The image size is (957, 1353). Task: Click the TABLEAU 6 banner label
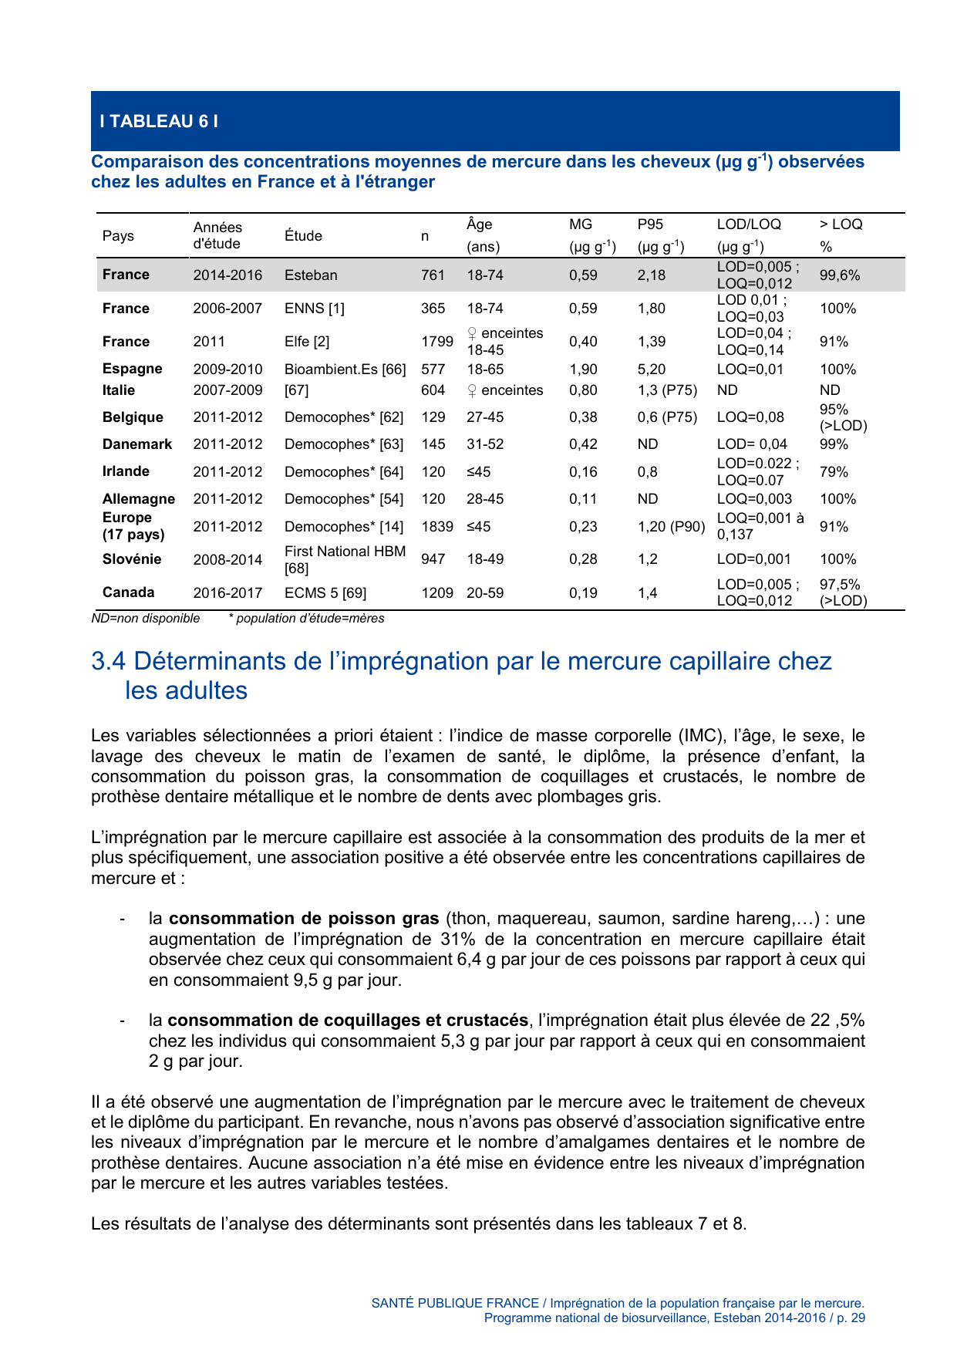159,121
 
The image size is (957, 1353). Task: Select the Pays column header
118,235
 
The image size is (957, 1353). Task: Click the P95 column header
650,224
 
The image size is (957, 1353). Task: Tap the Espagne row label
132,369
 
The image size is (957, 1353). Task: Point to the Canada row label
128,592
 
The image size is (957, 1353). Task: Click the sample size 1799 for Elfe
436,342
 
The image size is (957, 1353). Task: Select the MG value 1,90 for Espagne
583,369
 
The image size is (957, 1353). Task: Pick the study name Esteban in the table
311,275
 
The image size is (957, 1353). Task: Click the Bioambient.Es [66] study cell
345,369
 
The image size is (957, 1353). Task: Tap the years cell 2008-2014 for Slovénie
227,560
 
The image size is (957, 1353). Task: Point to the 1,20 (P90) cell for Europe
671,527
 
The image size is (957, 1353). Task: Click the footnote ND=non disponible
145,619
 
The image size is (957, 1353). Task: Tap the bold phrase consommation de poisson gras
304,919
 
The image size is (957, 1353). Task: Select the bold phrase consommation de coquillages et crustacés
348,1021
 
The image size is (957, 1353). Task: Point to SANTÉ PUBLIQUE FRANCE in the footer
455,1303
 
